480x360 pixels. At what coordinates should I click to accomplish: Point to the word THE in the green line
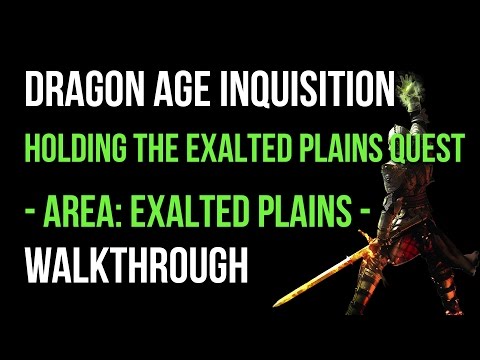(x=149, y=147)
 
